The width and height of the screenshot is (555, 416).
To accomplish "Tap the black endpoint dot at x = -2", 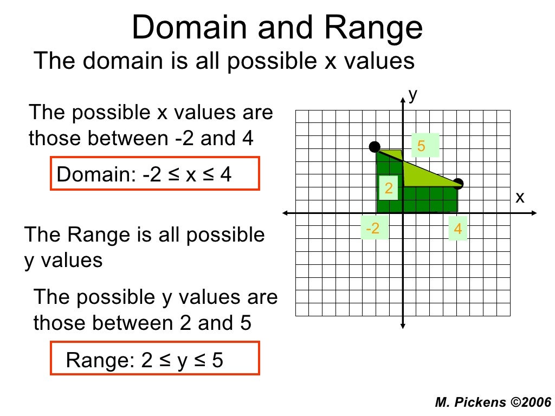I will click(375, 146).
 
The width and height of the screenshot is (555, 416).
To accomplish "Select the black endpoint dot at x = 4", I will click(459, 183).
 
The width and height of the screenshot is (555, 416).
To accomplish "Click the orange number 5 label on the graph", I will click(422, 146).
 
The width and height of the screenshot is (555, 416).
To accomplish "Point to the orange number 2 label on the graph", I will click(389, 188).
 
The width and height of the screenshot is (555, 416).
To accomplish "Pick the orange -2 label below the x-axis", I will click(373, 229).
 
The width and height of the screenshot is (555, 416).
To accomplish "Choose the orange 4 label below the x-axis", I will click(458, 229).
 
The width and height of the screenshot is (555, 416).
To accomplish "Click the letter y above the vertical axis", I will click(413, 95).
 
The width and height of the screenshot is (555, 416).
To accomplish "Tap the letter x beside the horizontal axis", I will click(520, 198).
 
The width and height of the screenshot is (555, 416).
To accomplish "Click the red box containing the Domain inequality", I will click(155, 173).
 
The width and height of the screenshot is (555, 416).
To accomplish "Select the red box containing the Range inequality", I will click(155, 358).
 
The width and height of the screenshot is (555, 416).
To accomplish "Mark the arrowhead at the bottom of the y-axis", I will click(404, 325).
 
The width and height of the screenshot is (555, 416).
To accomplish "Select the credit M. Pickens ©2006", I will click(493, 402).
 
